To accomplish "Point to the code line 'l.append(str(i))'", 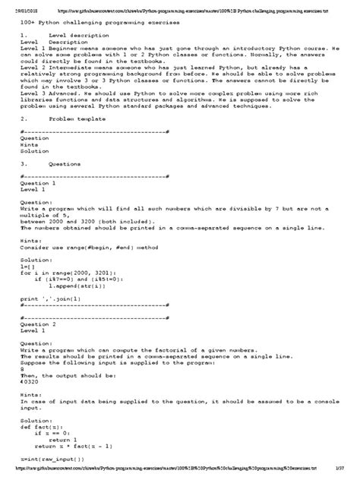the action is coord(75,289).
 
